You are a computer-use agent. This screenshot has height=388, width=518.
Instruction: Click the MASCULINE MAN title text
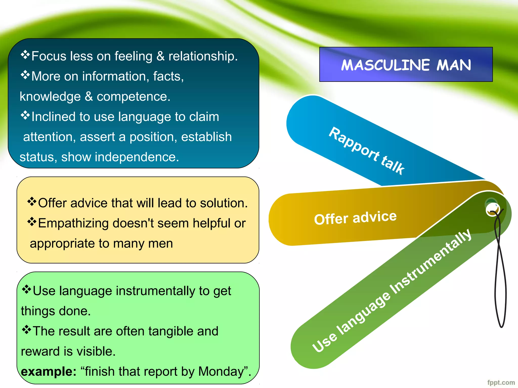click(406, 65)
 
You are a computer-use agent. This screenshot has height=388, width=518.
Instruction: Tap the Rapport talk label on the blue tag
click(367, 151)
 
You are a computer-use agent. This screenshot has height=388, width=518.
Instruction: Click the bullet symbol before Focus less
click(25, 55)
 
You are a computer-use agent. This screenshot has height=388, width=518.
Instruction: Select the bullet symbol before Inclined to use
click(25, 115)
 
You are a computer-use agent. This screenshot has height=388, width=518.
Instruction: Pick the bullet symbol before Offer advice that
click(32, 202)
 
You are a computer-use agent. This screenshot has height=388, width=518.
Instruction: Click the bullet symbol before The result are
click(27, 330)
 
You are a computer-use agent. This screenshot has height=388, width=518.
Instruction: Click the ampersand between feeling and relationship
click(160, 56)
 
